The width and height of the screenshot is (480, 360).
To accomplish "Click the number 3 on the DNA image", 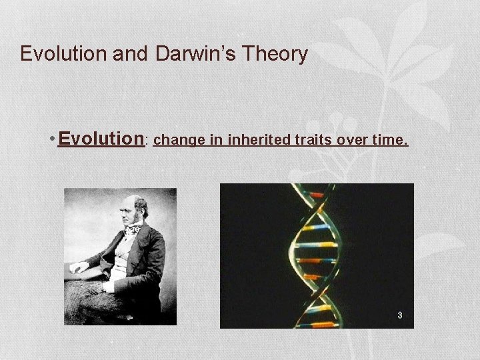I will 399,315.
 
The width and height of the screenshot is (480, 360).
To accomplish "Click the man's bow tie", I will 134,229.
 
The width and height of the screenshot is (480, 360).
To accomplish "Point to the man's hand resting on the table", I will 79,268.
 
